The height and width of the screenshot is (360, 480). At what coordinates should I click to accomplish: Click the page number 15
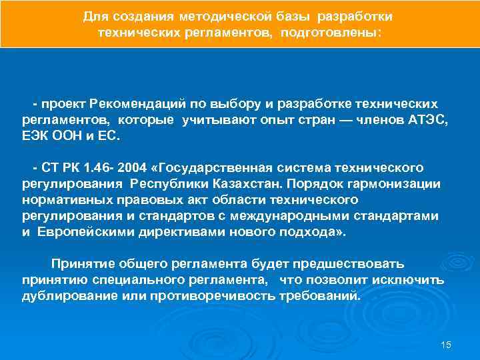[447, 344]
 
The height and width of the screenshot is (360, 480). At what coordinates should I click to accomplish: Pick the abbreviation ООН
[70, 136]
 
